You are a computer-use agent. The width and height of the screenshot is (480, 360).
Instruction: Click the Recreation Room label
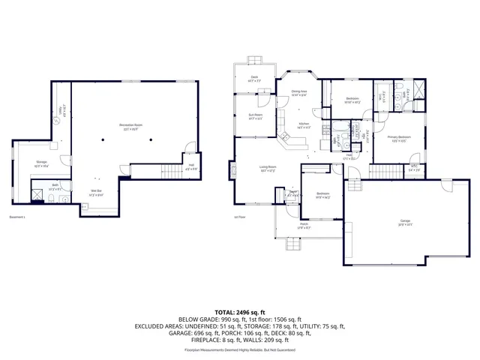click(x=130, y=125)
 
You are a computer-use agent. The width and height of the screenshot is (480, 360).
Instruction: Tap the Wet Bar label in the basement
click(x=97, y=192)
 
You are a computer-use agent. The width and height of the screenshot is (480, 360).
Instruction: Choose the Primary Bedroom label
click(x=398, y=138)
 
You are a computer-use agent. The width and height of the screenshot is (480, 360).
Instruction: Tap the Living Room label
click(x=268, y=169)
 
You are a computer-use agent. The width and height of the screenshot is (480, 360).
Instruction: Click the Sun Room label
click(x=255, y=116)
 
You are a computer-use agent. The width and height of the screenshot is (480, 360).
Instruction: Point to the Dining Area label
click(x=300, y=93)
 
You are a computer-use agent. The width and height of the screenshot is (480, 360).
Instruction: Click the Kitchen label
click(x=304, y=125)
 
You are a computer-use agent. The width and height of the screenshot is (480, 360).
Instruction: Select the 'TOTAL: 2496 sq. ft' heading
click(x=240, y=312)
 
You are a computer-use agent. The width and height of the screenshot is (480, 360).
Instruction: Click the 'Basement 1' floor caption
click(x=18, y=217)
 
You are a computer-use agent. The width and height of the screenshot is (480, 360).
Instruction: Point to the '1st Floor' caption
click(x=240, y=217)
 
